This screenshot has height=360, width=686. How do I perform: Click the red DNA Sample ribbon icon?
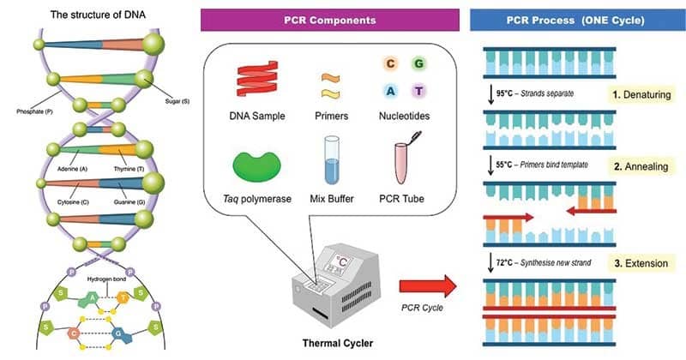257,78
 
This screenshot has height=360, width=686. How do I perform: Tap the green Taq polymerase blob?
256,165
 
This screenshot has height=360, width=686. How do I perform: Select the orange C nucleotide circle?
390,64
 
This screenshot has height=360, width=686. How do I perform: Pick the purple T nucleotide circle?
418,91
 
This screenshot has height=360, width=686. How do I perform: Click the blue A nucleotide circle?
390,91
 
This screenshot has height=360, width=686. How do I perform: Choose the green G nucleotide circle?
418,64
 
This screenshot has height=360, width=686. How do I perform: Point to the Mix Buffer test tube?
332,160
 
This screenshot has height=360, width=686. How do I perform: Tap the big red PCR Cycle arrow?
428,286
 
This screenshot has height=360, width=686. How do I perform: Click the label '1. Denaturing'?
641,94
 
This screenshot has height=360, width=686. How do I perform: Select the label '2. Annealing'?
641,166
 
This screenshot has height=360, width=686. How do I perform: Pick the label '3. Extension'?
641,263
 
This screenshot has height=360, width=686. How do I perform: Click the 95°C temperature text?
504,93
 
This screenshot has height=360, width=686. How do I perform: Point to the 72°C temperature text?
504,262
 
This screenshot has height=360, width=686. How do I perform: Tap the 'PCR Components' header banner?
330,20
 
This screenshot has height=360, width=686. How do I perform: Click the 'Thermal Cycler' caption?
338,343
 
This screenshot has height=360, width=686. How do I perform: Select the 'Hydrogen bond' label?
106,279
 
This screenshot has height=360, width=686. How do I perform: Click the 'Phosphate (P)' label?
34,111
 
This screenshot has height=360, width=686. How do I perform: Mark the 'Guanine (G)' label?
129,202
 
